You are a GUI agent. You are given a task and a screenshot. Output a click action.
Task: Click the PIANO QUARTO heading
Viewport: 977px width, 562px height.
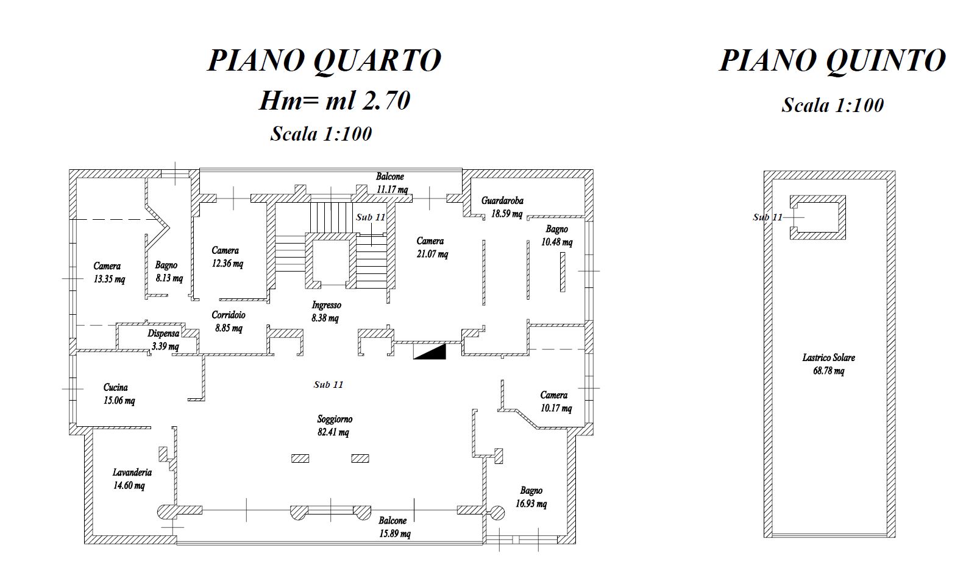click(x=324, y=60)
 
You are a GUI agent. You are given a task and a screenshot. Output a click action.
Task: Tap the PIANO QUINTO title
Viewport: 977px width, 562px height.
click(x=832, y=60)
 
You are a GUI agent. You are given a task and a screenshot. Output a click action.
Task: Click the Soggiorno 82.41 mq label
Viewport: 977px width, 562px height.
click(x=334, y=426)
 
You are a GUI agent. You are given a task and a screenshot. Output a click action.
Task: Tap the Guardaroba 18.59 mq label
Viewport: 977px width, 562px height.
click(x=503, y=207)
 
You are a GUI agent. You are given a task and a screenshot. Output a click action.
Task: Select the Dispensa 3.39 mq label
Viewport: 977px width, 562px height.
click(x=163, y=340)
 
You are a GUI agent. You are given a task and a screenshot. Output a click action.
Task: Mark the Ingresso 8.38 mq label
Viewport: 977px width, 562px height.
click(x=325, y=311)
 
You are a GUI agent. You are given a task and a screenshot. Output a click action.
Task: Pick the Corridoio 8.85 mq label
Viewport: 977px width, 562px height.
click(x=229, y=321)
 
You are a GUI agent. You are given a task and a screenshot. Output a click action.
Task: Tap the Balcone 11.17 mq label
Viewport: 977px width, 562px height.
click(x=391, y=183)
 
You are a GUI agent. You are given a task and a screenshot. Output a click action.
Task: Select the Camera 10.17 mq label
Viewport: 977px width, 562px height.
click(x=555, y=401)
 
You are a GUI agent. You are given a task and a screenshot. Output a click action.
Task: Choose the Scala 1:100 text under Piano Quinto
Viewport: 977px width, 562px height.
click(x=833, y=105)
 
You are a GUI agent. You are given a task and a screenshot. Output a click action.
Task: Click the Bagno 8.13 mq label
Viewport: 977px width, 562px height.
click(x=168, y=272)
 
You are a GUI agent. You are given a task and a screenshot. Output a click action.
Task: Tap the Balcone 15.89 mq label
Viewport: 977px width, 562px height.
click(x=394, y=527)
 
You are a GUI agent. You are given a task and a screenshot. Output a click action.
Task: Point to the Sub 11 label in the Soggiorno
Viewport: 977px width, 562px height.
click(x=329, y=385)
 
